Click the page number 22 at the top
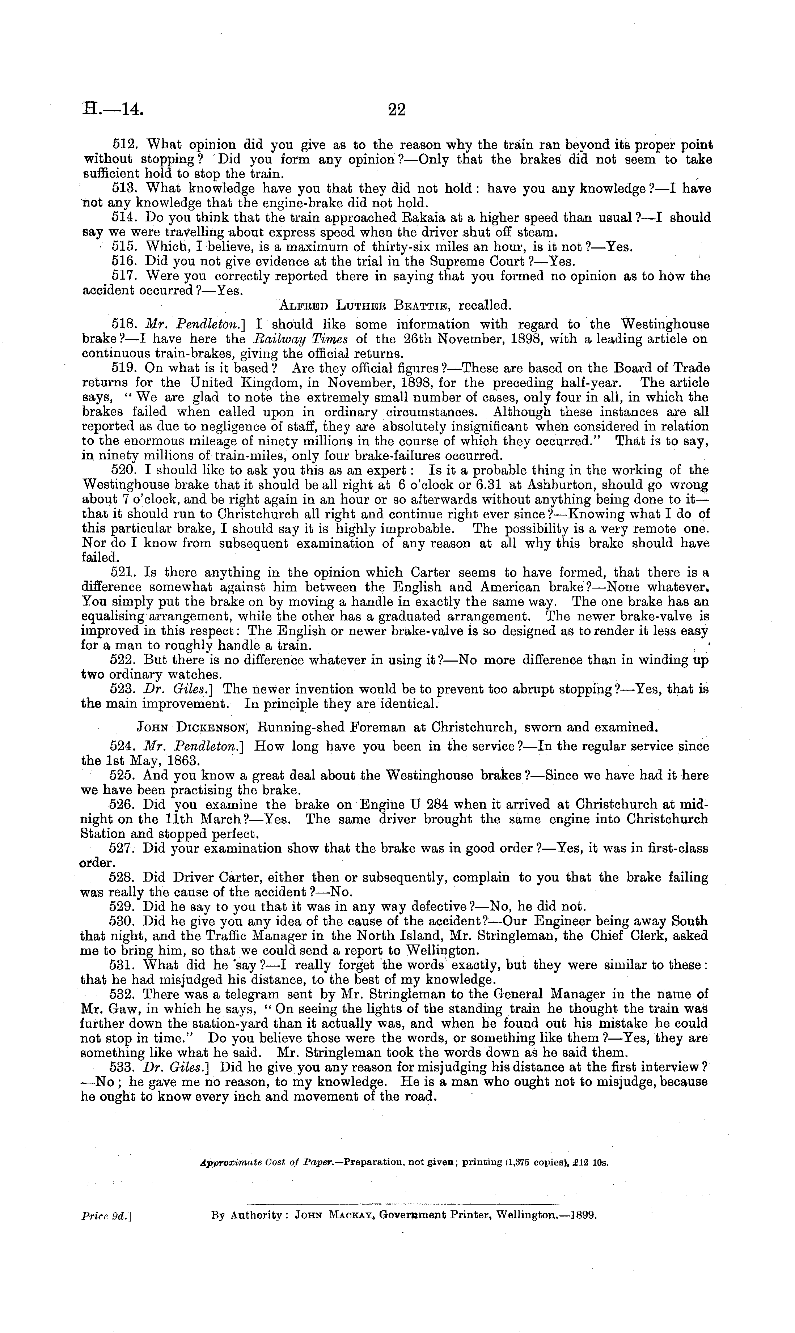(397, 110)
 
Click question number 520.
(125, 470)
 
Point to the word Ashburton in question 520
(567, 485)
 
